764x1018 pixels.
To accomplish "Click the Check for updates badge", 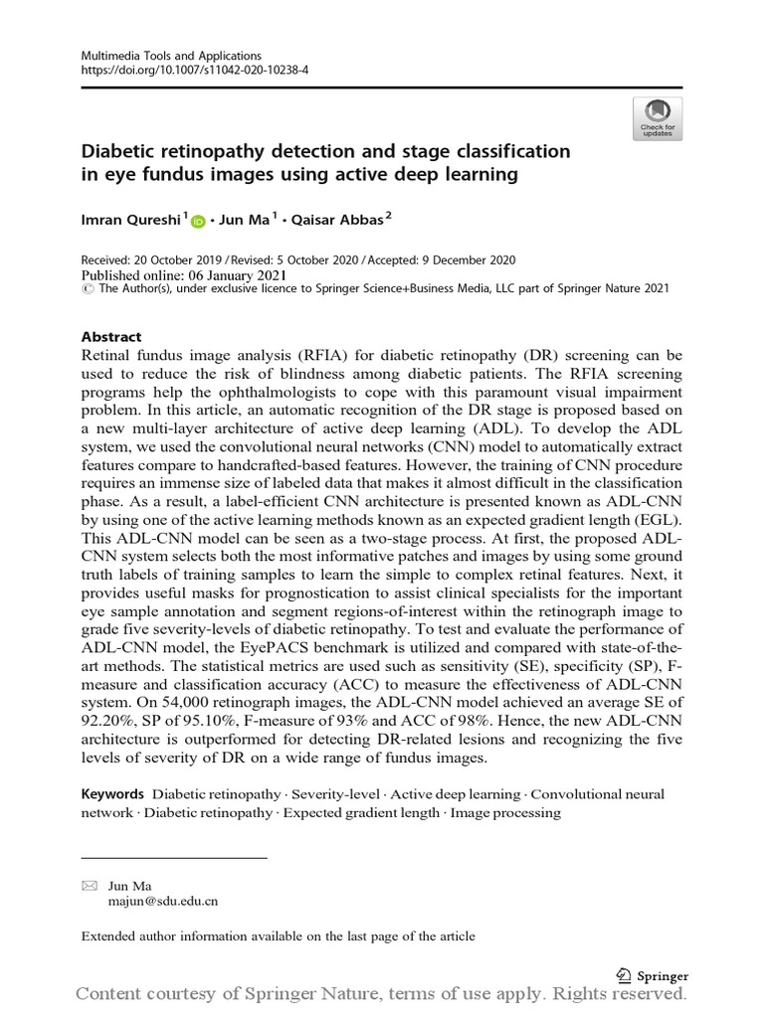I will coord(657,117).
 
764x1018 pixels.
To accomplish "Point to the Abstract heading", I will coord(110,337).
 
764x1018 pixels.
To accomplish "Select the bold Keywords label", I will coord(112,794).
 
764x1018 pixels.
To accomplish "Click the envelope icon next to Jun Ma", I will coord(90,885).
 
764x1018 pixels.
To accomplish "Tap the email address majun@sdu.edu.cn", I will coord(163,902).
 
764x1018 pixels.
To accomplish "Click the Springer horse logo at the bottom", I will coord(624,975).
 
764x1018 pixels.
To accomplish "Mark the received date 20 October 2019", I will coord(191,260).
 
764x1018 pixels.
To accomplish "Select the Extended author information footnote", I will coord(278,935).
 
